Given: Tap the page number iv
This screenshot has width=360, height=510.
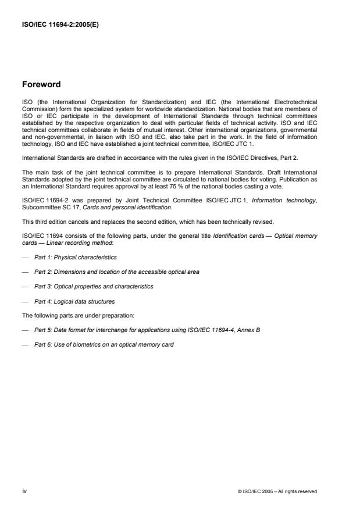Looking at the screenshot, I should point(24,491).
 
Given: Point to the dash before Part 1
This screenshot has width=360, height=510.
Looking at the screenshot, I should point(26,256).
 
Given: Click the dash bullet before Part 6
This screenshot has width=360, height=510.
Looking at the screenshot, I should point(26,344).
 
